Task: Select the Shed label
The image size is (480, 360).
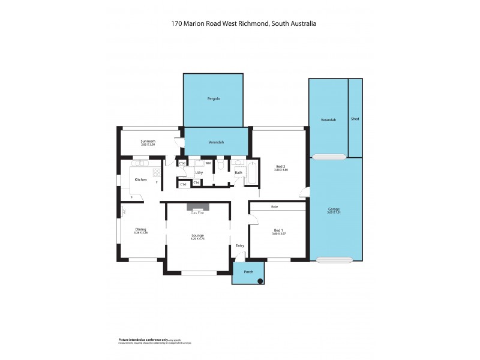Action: pos(355,119)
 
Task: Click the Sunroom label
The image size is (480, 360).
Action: pos(140,141)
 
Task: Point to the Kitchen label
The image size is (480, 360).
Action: pos(141,179)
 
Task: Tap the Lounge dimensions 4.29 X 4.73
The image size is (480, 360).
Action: pos(198,239)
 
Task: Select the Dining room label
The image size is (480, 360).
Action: pos(141,229)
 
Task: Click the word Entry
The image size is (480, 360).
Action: pos(240,245)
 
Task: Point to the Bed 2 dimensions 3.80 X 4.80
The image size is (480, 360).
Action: pos(281,170)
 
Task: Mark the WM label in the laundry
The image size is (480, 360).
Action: pos(208,163)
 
